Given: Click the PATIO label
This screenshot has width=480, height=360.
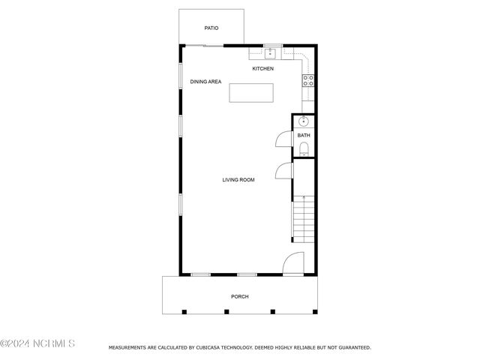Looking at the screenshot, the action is (211, 28).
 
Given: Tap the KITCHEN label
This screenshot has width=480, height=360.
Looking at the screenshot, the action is (262, 68).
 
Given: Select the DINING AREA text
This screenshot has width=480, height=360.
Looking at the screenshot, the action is (205, 82).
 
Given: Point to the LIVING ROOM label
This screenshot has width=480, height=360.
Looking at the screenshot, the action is (238, 180).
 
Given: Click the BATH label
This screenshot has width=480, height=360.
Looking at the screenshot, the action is (304, 135).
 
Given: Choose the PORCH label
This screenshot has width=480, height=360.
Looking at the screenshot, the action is (240, 297).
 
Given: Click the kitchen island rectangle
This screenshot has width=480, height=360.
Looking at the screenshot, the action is (251, 93).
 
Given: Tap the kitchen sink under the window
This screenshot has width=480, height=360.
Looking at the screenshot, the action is (270, 53).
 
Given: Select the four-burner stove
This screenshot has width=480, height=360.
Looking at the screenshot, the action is (308, 81).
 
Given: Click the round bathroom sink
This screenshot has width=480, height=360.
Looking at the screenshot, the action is (303, 121).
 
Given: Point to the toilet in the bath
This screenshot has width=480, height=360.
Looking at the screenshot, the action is (304, 149).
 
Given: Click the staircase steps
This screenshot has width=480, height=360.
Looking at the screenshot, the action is (304, 219).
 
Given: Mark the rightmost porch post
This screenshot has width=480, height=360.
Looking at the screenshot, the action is (315, 312).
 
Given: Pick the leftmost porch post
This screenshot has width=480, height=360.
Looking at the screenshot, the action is (184, 312).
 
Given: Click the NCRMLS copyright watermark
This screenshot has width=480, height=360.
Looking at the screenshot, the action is (37, 343).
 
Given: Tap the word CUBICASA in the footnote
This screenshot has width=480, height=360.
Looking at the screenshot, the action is (207, 348).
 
